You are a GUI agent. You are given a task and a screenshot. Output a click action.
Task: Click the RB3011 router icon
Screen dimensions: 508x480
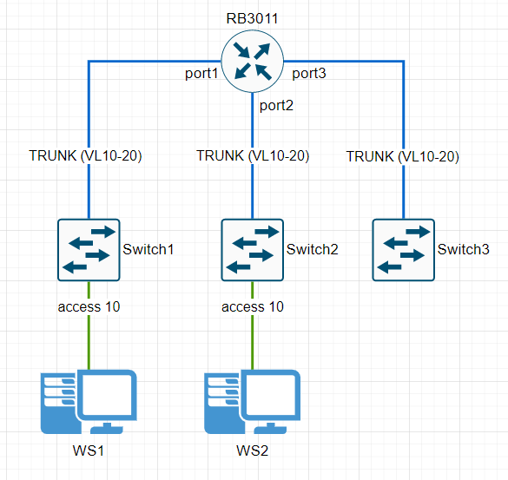coord(253,62)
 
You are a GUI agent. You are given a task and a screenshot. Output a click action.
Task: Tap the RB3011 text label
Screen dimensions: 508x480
coord(252,18)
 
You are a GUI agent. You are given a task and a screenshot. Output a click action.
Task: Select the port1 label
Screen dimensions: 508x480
coord(201,74)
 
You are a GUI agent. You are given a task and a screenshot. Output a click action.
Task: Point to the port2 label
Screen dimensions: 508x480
coord(276,106)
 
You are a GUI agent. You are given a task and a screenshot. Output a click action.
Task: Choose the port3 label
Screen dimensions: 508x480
coord(309,73)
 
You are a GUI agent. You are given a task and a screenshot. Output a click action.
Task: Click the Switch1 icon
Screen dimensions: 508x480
coord(89,250)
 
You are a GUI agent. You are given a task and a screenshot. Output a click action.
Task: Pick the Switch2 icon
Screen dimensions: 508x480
coord(253,250)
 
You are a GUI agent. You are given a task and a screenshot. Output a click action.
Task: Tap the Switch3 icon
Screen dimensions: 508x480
coord(403,250)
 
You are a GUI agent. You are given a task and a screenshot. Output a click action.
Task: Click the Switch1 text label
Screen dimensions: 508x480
coord(148,249)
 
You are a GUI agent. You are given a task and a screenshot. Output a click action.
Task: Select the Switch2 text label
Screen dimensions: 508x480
coord(313,249)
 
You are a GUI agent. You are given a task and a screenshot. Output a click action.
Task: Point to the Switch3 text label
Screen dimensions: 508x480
coord(464,249)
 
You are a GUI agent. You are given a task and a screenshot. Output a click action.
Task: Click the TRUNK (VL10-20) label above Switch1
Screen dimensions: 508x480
coord(85,155)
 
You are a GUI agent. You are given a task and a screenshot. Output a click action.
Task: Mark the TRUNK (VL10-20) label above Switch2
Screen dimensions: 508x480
coord(253,155)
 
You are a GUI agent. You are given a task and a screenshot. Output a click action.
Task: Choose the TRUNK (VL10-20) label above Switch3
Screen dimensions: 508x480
coord(403,157)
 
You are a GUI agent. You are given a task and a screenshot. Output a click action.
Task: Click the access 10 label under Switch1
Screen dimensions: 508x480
coord(89,306)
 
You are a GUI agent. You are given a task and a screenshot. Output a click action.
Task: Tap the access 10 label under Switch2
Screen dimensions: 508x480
coord(253,306)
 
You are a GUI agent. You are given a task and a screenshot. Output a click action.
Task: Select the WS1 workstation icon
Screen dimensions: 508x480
coord(89,402)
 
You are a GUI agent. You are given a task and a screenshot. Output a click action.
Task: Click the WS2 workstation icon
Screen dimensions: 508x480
coord(252,402)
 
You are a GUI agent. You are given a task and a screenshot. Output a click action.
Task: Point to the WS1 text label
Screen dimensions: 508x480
coord(89,450)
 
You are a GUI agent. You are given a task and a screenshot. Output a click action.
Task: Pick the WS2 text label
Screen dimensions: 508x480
coord(253,450)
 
